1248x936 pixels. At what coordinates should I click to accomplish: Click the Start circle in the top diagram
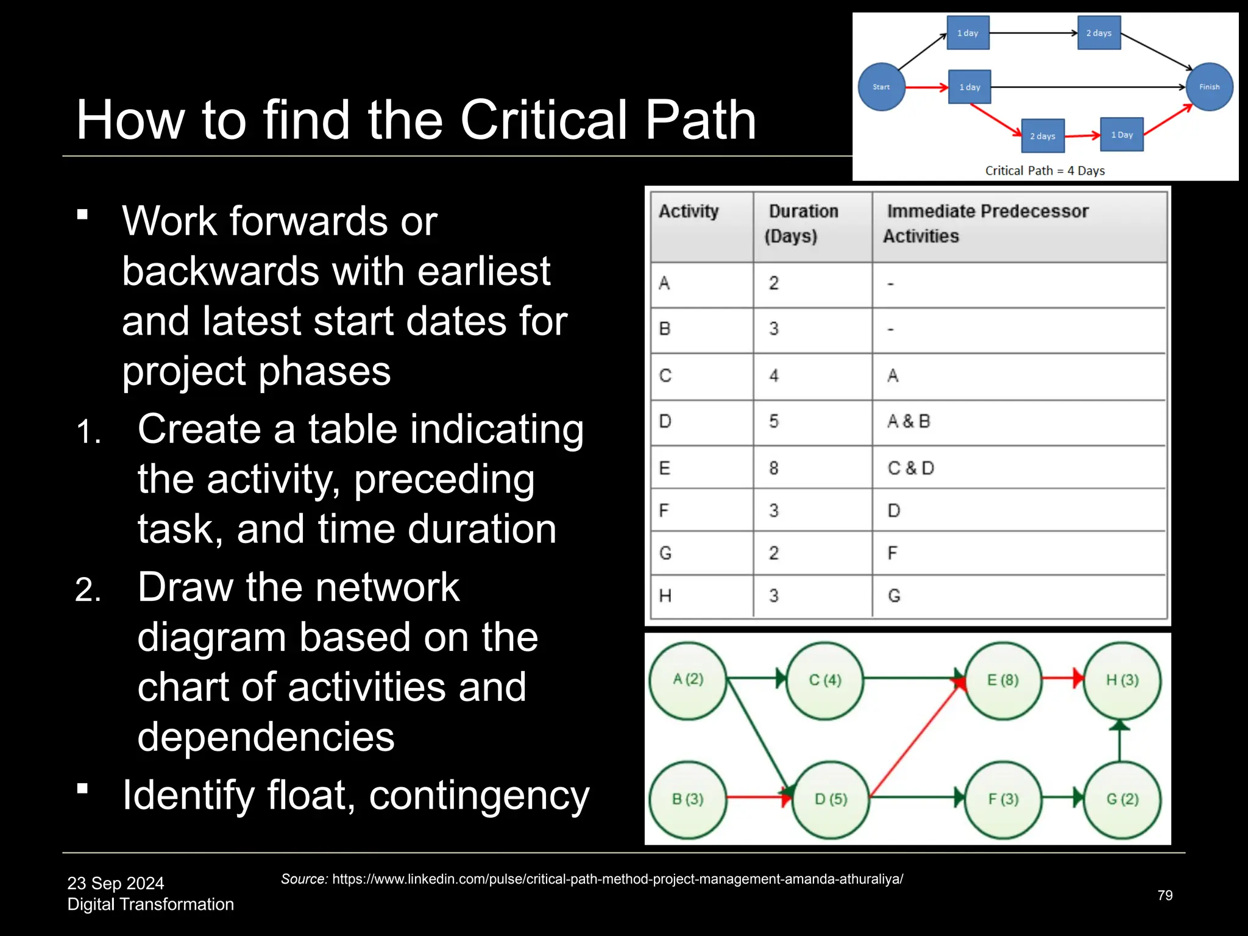click(881, 87)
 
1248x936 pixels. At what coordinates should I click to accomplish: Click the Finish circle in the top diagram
click(1209, 87)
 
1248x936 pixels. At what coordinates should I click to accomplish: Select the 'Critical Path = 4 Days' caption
click(1044, 171)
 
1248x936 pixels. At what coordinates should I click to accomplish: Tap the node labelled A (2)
click(688, 679)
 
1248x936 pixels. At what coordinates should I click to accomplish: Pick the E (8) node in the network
click(1002, 680)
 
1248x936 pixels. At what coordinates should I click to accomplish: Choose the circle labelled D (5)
click(831, 799)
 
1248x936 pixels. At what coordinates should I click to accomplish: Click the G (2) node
click(1122, 799)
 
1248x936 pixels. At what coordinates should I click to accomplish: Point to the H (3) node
click(1122, 680)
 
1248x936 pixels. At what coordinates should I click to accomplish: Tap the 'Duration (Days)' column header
click(803, 224)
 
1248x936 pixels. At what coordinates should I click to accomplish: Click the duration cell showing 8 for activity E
click(774, 468)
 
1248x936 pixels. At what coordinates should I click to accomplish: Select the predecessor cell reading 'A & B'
click(909, 421)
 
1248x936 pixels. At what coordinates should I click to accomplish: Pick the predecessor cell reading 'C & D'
click(910, 468)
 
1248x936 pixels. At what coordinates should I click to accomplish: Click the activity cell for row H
click(665, 595)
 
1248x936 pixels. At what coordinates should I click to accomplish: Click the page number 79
click(1165, 895)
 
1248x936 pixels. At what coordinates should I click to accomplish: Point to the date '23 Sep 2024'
click(116, 883)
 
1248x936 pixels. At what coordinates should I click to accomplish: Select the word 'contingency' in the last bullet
click(479, 795)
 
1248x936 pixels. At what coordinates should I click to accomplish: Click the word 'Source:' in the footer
click(304, 879)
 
